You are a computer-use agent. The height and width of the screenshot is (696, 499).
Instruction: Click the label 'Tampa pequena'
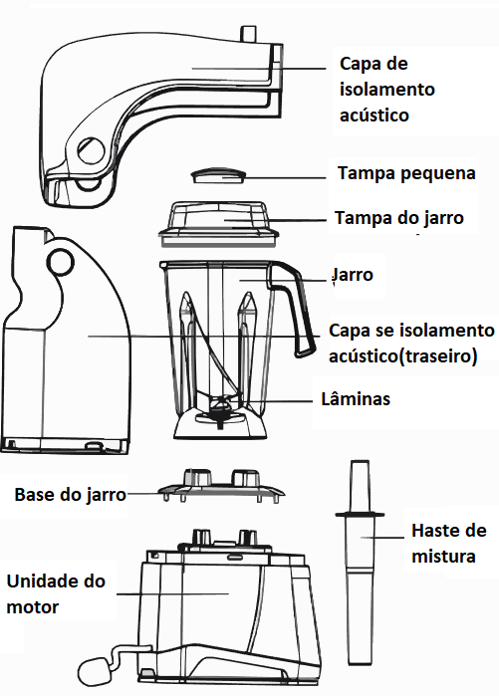(x=406, y=173)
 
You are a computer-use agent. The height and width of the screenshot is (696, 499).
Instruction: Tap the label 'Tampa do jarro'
(x=399, y=218)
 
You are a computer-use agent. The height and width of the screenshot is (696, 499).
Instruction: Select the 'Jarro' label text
(x=353, y=275)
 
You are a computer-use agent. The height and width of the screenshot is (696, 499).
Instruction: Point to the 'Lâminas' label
(x=356, y=398)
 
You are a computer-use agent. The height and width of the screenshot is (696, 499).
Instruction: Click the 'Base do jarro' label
(x=70, y=494)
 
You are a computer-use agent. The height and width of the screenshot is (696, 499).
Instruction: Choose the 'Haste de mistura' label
(x=449, y=543)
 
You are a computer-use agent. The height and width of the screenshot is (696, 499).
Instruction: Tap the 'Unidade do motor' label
(x=56, y=593)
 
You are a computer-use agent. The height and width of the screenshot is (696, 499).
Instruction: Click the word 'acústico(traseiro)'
(x=403, y=356)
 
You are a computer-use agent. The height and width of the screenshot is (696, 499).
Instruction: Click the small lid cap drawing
(x=219, y=175)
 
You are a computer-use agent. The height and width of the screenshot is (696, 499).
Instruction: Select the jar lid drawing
(x=219, y=224)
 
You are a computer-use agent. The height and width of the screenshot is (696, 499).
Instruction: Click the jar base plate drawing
(x=221, y=486)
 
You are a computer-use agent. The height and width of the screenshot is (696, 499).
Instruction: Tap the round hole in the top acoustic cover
(x=91, y=151)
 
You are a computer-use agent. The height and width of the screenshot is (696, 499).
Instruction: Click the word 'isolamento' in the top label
(x=387, y=90)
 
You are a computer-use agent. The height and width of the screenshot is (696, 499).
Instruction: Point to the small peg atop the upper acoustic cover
(x=249, y=34)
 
